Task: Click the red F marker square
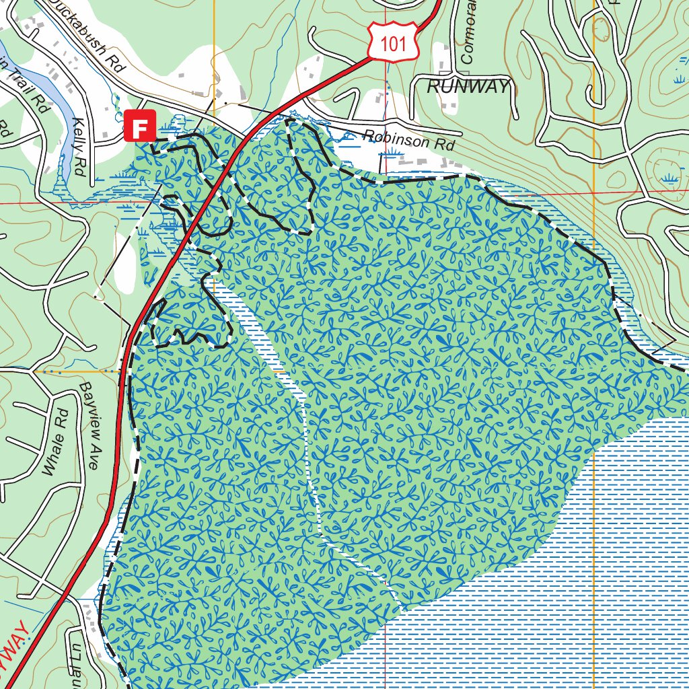(x=140, y=126)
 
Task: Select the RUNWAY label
(x=468, y=86)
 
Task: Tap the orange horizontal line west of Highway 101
(x=81, y=370)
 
